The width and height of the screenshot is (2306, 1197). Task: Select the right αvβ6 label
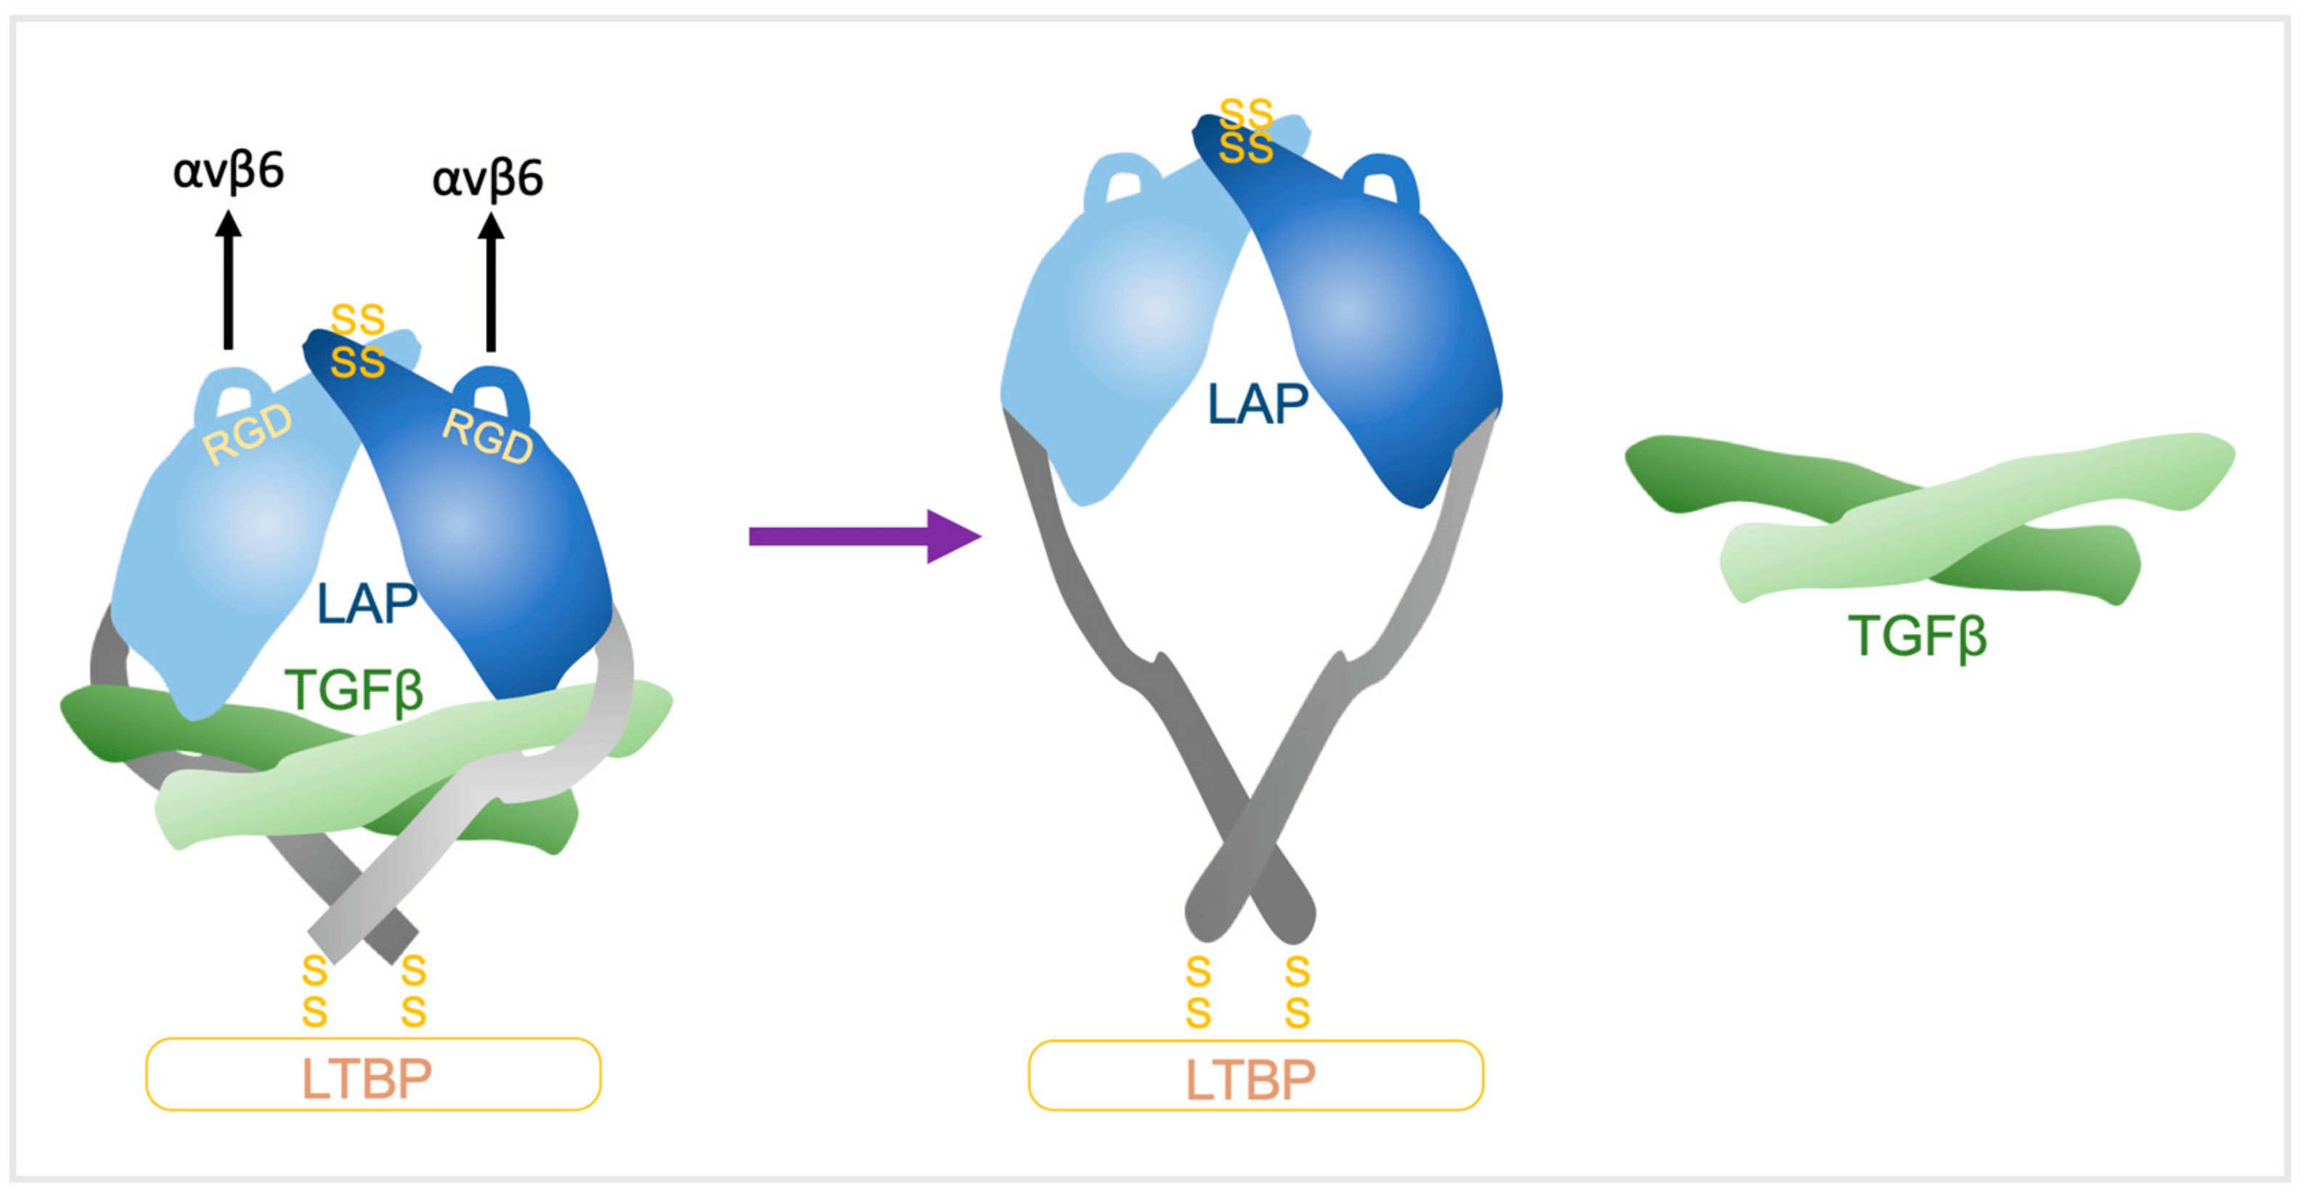(487, 178)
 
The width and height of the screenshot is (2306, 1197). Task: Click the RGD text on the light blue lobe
(248, 434)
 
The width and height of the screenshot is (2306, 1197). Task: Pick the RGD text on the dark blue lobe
(488, 436)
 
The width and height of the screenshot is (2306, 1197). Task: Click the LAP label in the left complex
(367, 604)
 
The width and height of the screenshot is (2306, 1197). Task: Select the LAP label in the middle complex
(1258, 405)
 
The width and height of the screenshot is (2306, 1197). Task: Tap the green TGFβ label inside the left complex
(354, 690)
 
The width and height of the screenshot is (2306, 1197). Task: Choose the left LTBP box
(372, 1074)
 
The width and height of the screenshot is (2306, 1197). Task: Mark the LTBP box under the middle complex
(1255, 1076)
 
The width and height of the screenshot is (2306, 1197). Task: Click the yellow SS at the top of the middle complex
(1246, 131)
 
